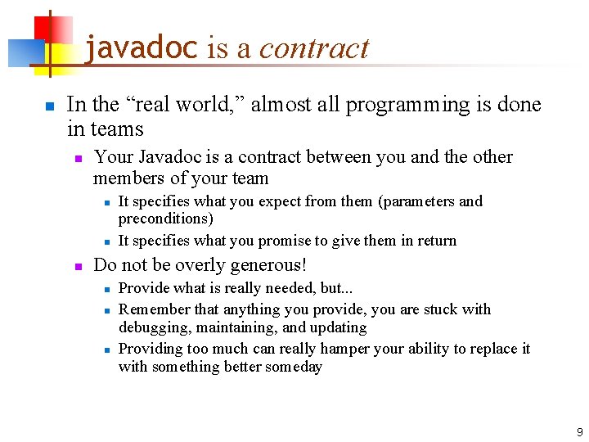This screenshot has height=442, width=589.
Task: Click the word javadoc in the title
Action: click(141, 48)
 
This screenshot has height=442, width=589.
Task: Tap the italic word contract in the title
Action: click(314, 48)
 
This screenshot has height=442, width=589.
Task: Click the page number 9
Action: click(579, 431)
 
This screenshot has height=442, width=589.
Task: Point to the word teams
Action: click(117, 129)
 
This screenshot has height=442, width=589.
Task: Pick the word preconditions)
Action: click(165, 219)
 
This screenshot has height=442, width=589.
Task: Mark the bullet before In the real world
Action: click(49, 106)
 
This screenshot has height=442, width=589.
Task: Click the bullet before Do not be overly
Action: click(78, 266)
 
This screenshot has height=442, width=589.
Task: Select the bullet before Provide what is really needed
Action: click(106, 289)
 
